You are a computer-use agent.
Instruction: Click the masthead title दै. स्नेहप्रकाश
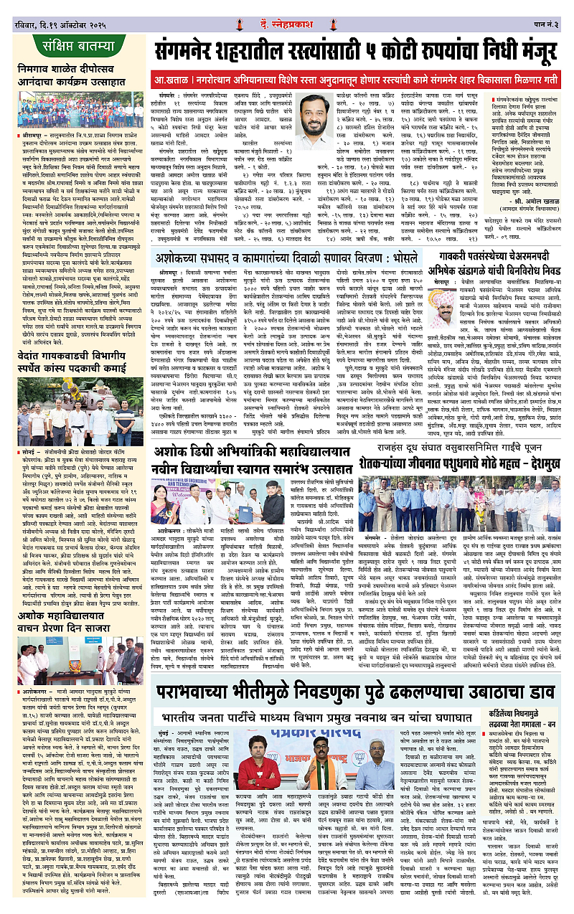pyautogui.click(x=288, y=10)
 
